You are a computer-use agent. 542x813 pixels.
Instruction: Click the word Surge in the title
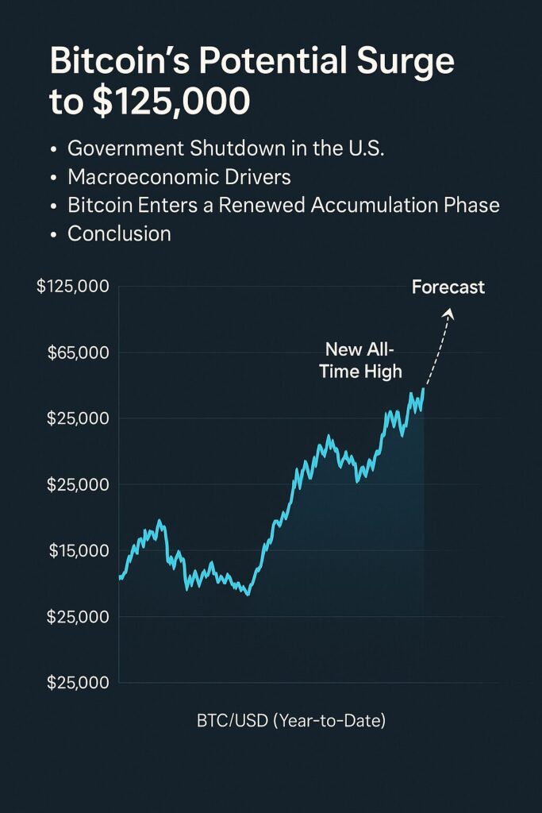[x=408, y=62]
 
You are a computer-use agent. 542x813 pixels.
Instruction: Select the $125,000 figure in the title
[x=171, y=102]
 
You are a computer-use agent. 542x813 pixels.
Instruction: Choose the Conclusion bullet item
[x=119, y=234]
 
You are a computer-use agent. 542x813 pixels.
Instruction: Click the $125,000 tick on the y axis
[x=72, y=287]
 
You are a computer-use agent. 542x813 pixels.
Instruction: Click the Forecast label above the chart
[x=448, y=287]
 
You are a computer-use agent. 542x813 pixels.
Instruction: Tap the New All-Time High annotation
[x=361, y=360]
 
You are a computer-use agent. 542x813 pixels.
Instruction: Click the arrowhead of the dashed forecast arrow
[x=450, y=313]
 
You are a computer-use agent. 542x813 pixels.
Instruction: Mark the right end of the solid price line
[x=424, y=389]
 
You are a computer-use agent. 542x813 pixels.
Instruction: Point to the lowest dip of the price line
[x=248, y=594]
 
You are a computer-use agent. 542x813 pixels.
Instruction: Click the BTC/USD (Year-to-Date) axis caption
[x=291, y=722]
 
